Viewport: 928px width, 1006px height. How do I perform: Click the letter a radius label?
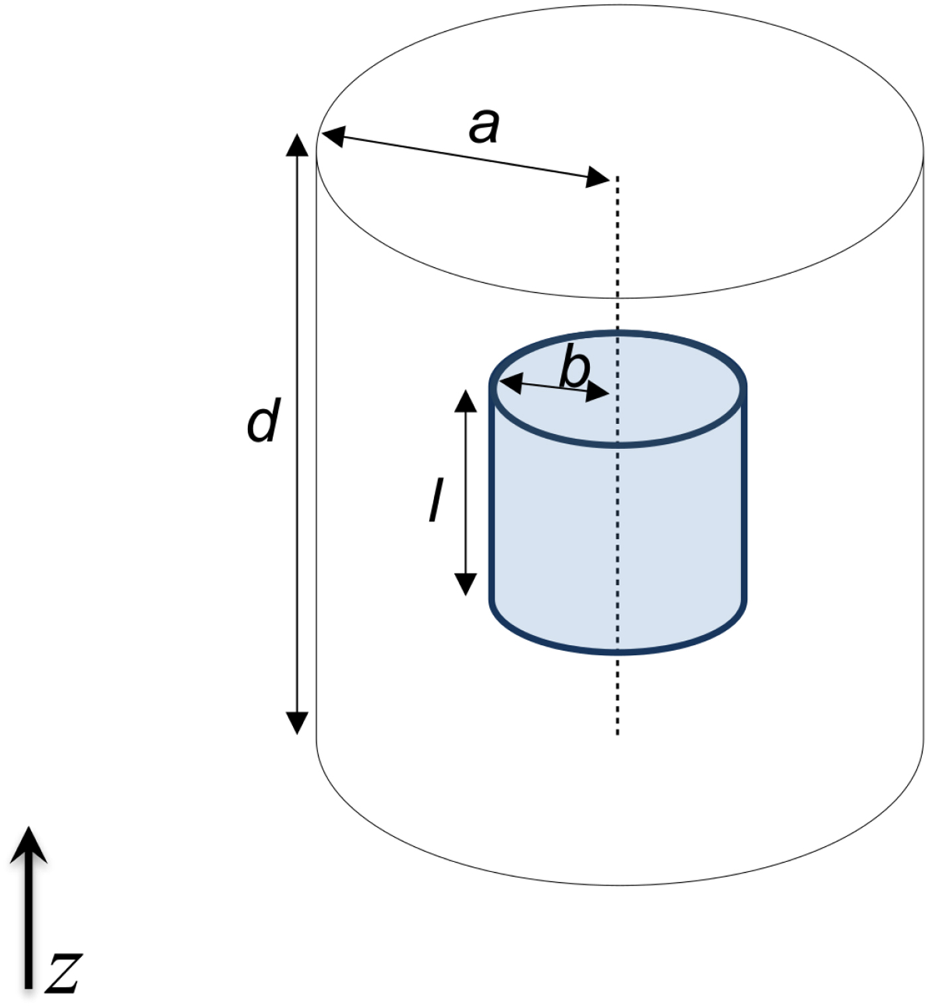coord(484,126)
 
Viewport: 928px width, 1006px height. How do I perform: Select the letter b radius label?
coord(574,370)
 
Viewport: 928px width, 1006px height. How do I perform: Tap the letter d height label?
coord(263,422)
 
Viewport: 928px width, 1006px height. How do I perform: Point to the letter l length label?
coord(435,501)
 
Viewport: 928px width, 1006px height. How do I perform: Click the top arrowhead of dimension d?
coord(297,144)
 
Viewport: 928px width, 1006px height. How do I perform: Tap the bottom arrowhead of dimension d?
coord(297,723)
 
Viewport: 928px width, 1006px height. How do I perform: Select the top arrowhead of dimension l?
coord(466,401)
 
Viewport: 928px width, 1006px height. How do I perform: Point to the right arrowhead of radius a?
coord(597,177)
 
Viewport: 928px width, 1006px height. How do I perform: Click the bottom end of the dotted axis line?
coord(618,732)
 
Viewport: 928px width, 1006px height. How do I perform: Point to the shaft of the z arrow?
coord(29,928)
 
